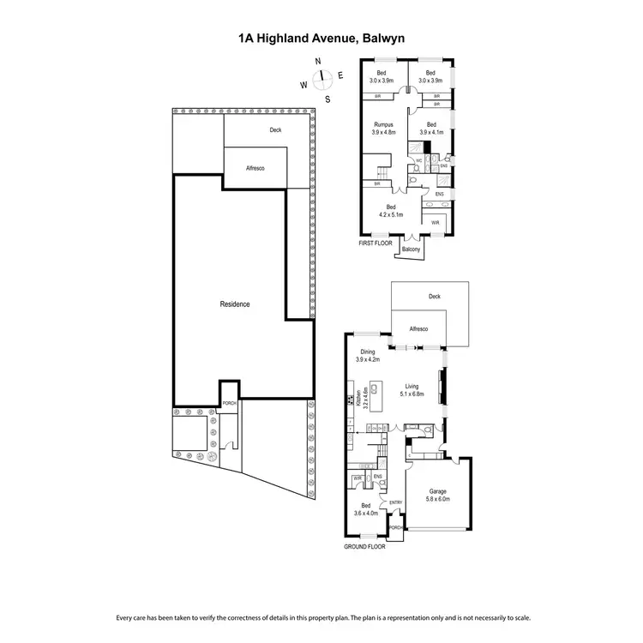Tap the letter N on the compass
tap(318, 62)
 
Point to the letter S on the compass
tap(327, 99)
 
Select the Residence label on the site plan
tap(235, 303)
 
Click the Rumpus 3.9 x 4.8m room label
tap(383, 129)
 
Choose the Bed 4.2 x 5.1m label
tap(391, 212)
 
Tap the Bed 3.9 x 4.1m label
tap(430, 129)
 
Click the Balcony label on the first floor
tap(412, 249)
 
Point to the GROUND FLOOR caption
tap(364, 545)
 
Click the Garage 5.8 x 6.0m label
tap(438, 496)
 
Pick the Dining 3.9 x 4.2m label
tap(368, 356)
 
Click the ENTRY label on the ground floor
tap(396, 502)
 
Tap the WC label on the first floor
tap(419, 160)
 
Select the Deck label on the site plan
tap(275, 130)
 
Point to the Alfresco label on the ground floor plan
tap(418, 328)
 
